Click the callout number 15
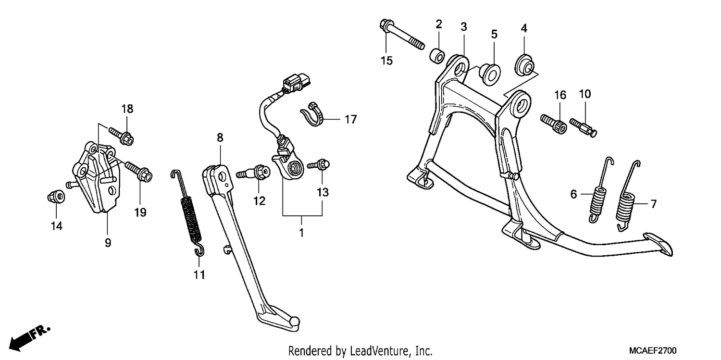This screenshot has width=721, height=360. pos(386,61)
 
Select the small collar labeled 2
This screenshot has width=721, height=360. pos(437,56)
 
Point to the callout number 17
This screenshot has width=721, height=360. pos(350,119)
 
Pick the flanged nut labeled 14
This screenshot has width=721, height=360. pos(56,197)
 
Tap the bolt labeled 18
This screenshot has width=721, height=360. pos(122,137)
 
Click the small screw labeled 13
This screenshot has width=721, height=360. pos(319,165)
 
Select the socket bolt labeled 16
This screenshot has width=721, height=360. pos(554,124)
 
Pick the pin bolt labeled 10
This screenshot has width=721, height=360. pos(583,127)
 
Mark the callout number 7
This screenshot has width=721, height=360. pos(654,204)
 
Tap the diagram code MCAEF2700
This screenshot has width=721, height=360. pos(653,350)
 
